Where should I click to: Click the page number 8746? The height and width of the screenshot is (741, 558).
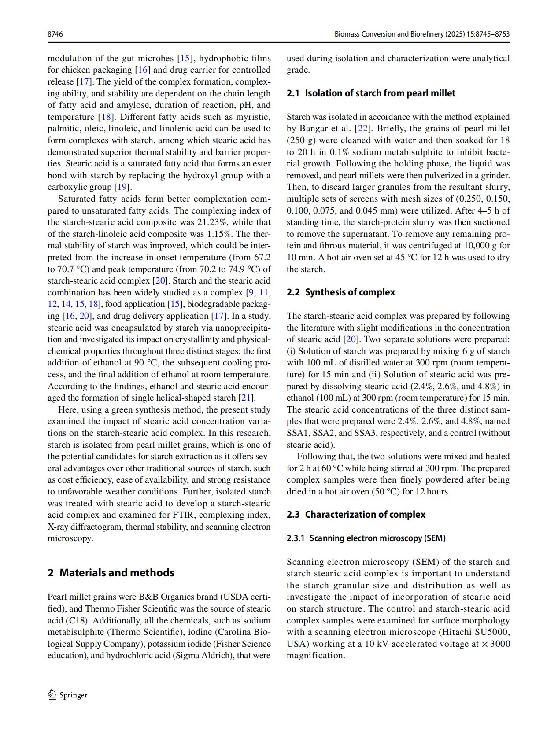click(55, 34)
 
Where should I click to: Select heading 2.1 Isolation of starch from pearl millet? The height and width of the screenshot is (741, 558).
click(371, 93)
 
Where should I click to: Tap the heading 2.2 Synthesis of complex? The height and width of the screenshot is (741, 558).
click(341, 292)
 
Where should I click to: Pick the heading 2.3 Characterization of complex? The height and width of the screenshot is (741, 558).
click(356, 515)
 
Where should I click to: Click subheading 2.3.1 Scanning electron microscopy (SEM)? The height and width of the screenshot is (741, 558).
click(366, 538)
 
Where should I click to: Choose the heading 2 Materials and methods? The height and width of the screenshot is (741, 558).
click(111, 573)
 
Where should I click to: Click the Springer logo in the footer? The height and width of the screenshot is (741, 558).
click(68, 695)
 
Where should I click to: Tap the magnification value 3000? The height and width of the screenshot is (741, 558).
click(500, 644)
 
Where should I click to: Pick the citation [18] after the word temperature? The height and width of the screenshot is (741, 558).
click(106, 117)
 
